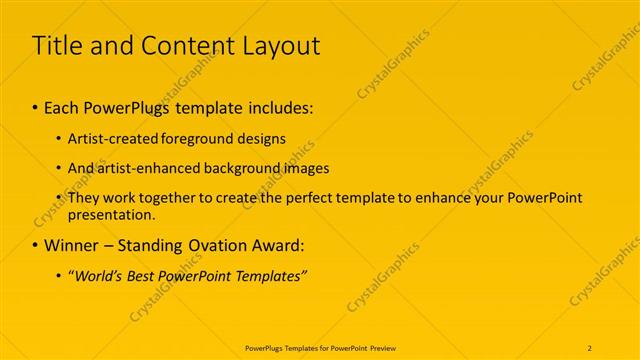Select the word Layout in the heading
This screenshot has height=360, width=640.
(283, 45)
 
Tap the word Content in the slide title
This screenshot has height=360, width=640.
(183, 45)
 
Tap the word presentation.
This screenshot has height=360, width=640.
(112, 214)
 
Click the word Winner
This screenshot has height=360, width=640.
(72, 245)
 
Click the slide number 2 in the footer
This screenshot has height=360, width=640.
(590, 347)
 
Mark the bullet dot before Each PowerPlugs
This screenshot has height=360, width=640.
(35, 108)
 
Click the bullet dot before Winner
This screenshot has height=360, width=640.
(35, 246)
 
